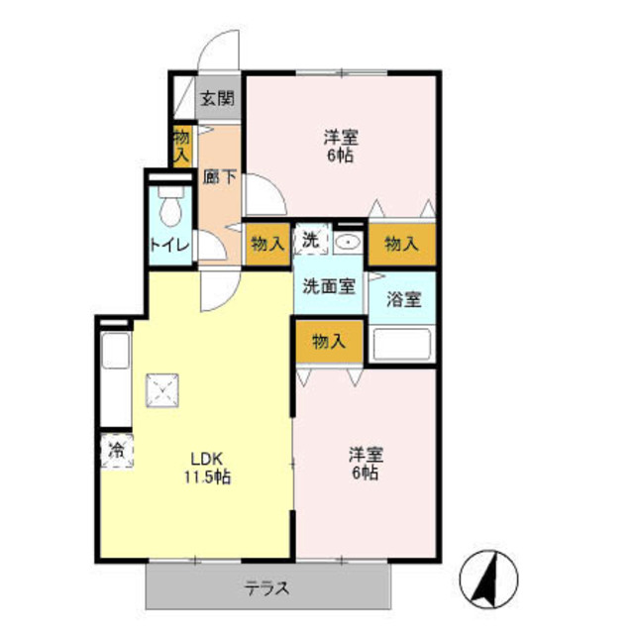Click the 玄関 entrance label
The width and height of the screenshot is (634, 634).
coord(218,98)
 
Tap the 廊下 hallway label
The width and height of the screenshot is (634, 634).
coord(218,178)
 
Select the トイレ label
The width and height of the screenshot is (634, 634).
coord(170,246)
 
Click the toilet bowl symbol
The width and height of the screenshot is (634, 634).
coord(170,210)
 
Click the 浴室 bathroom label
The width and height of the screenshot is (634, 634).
coord(403,298)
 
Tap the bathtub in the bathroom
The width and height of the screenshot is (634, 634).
coord(403,345)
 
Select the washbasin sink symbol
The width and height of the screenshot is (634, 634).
coord(347,243)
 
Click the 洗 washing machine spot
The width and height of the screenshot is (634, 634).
coord(310,241)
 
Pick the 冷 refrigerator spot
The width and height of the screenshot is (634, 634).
coord(117,450)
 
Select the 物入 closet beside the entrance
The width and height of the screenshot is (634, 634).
coord(181,145)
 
